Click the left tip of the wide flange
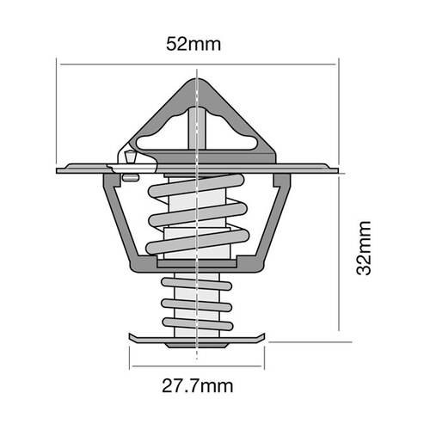(58, 169)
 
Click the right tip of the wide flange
(338, 169)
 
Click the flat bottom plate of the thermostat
(198, 336)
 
